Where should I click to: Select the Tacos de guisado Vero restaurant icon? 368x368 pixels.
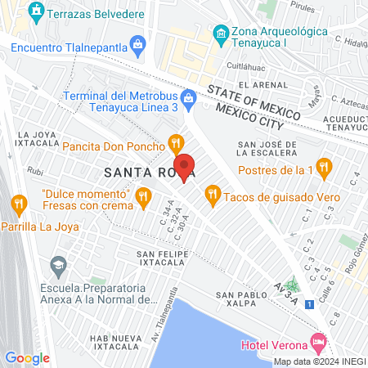[212, 194]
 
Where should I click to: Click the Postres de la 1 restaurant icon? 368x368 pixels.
[324, 168]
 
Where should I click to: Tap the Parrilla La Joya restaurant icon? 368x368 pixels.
[17, 203]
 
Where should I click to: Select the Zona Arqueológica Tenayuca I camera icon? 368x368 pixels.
[219, 34]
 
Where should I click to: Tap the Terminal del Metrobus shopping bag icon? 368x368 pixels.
[189, 97]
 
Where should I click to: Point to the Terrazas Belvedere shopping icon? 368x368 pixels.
[36, 13]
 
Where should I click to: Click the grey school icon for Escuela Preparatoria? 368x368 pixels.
[58, 266]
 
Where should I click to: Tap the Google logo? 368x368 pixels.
[27, 357]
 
